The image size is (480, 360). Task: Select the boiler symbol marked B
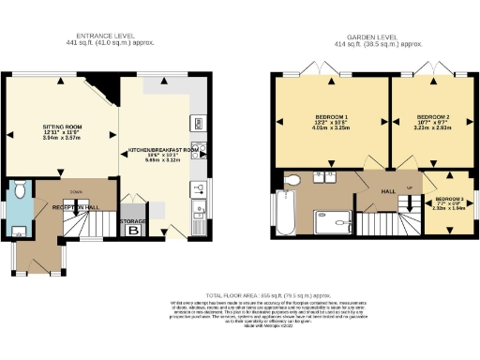click(133, 231)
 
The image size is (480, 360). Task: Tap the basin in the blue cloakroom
click(20, 228)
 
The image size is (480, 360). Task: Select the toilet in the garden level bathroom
click(292, 179)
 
